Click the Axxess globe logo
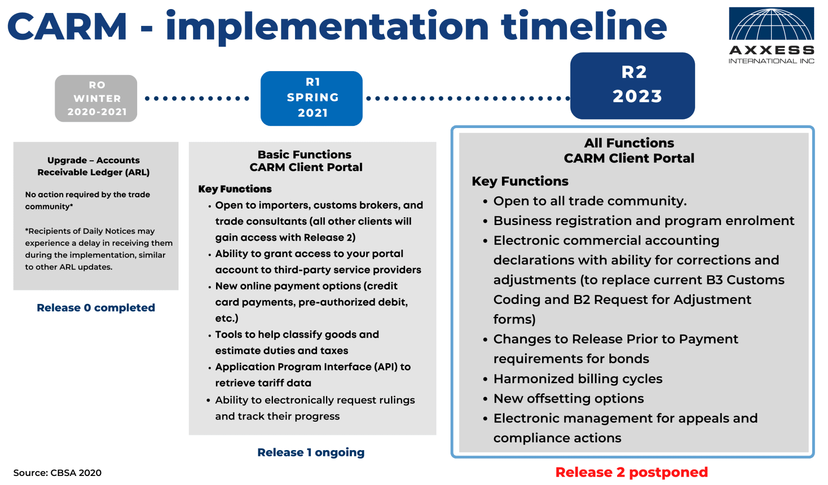point(771,24)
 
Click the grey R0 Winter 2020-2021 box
point(96,98)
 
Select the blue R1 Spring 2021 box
point(312,98)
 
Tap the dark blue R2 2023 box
point(633,85)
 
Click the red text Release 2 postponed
point(631,472)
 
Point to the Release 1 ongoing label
point(311,452)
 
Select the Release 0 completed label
point(96,308)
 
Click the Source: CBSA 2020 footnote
point(57,473)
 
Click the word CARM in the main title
point(68,27)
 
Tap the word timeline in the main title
point(584,27)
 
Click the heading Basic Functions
point(304,154)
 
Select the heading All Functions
point(629,143)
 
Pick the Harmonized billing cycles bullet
point(578,379)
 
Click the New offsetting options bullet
point(568,399)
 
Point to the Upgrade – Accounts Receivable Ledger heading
point(94,166)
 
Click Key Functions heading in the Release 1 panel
point(235,189)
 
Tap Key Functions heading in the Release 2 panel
point(520,181)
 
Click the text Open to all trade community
point(590,201)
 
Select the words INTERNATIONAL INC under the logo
point(771,61)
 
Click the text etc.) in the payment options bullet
point(227,319)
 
